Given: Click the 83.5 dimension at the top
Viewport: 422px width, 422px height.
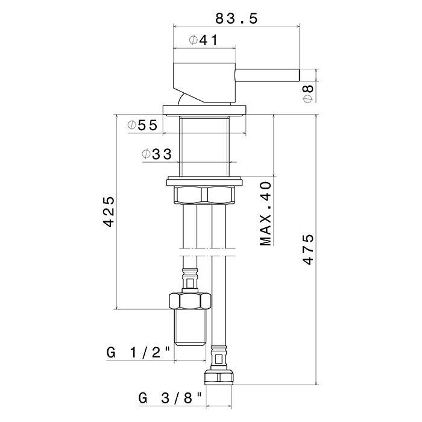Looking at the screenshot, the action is (x=236, y=19).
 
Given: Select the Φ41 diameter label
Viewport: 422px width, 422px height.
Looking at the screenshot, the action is (x=203, y=40).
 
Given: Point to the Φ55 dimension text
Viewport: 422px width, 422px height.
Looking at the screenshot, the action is (x=142, y=125).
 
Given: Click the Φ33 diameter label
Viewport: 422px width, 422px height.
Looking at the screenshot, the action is (x=157, y=154).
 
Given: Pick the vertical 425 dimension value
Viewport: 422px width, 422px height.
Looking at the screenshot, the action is (x=109, y=212).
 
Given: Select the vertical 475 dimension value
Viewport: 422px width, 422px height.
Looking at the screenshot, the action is (x=308, y=250).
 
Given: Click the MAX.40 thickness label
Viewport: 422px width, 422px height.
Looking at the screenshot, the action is (x=265, y=213).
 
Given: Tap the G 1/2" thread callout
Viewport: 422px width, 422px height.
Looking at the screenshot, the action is (x=139, y=352).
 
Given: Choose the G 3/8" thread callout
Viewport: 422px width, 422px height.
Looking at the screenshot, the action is (x=170, y=398).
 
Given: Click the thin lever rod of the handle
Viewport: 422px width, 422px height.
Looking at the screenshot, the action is (x=267, y=75).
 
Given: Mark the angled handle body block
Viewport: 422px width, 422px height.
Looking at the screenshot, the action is (x=204, y=83).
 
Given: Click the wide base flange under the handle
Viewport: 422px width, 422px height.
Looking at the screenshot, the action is (x=204, y=110).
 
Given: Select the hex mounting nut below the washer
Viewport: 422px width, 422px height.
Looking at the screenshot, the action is (x=204, y=195).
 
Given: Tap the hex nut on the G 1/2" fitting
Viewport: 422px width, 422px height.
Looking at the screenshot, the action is (x=190, y=301).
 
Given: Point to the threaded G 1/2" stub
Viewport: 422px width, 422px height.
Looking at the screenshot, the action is (x=190, y=327).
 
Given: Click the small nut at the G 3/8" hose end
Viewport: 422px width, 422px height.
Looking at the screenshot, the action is (x=218, y=377).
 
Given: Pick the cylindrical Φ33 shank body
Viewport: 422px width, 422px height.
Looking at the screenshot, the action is (x=204, y=146).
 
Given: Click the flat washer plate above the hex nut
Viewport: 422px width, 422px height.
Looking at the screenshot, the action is (x=204, y=181).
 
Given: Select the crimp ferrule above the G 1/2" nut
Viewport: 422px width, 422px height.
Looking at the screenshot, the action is (x=190, y=280).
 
